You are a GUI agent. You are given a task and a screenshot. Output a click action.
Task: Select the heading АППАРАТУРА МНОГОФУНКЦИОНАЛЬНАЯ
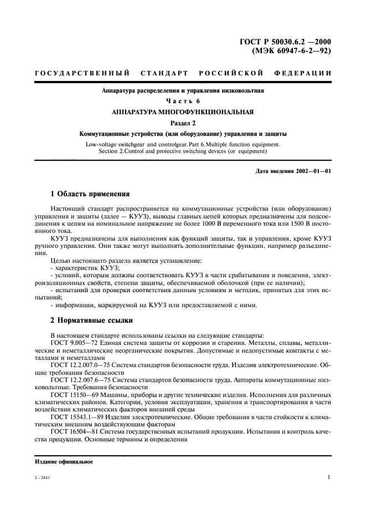coord(183,111)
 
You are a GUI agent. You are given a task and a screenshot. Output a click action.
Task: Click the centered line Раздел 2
coord(183,123)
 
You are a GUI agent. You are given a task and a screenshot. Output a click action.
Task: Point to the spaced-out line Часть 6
coord(183,101)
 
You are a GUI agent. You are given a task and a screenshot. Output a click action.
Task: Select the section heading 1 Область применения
coord(90,195)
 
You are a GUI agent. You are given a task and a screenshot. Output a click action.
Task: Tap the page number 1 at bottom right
coord(329,477)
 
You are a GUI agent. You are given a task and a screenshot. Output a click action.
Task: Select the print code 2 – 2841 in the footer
coord(42,477)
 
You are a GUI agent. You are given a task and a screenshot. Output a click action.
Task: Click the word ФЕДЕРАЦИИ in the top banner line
coord(303,73)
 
